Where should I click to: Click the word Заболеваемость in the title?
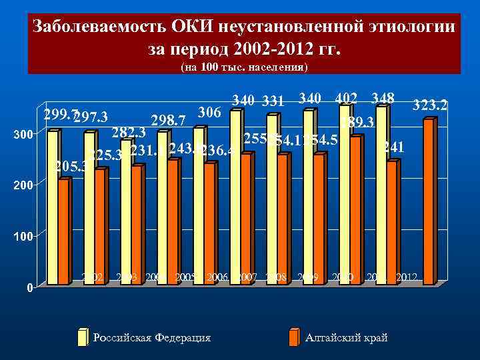(99, 28)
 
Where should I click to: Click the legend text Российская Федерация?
(152, 338)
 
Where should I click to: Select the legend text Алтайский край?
(346, 338)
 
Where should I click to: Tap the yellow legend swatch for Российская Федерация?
(83, 338)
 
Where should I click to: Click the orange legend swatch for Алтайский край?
(294, 338)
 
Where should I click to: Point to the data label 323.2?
(430, 105)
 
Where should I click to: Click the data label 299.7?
(59, 114)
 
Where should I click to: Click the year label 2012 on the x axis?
(407, 277)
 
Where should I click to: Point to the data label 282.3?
(129, 132)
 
